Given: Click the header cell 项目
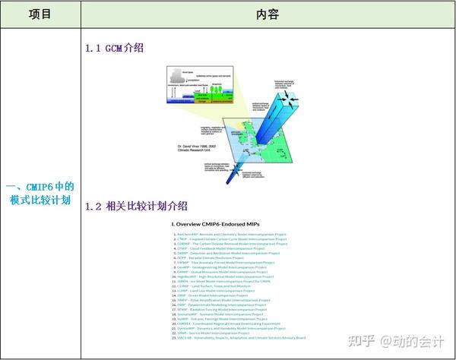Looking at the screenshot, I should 40,14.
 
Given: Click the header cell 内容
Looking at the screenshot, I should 268,14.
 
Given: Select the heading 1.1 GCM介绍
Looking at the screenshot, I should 114,48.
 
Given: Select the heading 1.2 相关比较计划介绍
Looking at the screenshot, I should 136,206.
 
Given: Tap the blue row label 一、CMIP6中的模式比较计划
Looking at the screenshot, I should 40,194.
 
